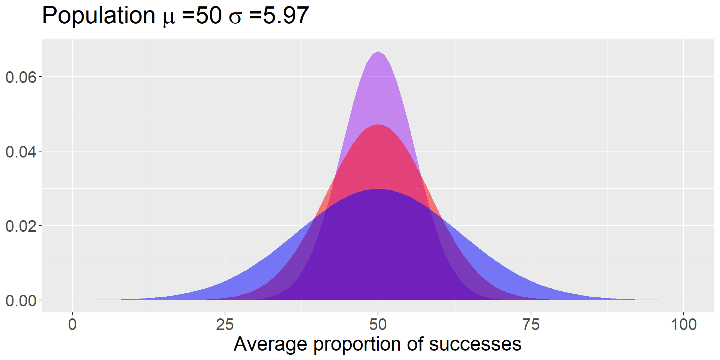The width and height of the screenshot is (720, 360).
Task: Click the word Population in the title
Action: click(98, 16)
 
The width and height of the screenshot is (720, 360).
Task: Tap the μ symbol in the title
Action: click(169, 18)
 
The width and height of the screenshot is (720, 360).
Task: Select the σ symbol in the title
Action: click(235, 18)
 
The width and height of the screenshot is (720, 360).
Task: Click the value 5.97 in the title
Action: click(286, 16)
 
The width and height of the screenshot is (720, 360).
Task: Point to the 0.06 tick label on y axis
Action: click(21, 77)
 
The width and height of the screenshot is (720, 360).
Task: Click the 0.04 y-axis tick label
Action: click(21, 152)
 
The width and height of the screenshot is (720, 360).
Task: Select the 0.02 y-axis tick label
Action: click(21, 226)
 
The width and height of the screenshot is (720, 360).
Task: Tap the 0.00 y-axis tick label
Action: click(21, 301)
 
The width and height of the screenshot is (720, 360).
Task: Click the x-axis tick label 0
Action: click(72, 324)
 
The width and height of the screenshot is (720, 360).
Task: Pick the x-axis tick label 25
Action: click(225, 324)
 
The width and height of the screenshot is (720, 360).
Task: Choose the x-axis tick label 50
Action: click(378, 324)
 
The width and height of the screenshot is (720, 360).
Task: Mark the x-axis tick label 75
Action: click(531, 324)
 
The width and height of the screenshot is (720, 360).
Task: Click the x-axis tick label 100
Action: click(684, 324)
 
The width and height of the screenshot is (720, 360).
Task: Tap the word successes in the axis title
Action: click(475, 344)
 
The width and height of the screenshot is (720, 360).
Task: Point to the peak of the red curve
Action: click(378, 125)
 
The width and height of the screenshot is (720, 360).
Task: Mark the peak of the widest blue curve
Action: click(378, 189)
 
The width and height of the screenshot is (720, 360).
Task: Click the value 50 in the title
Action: click(208, 16)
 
